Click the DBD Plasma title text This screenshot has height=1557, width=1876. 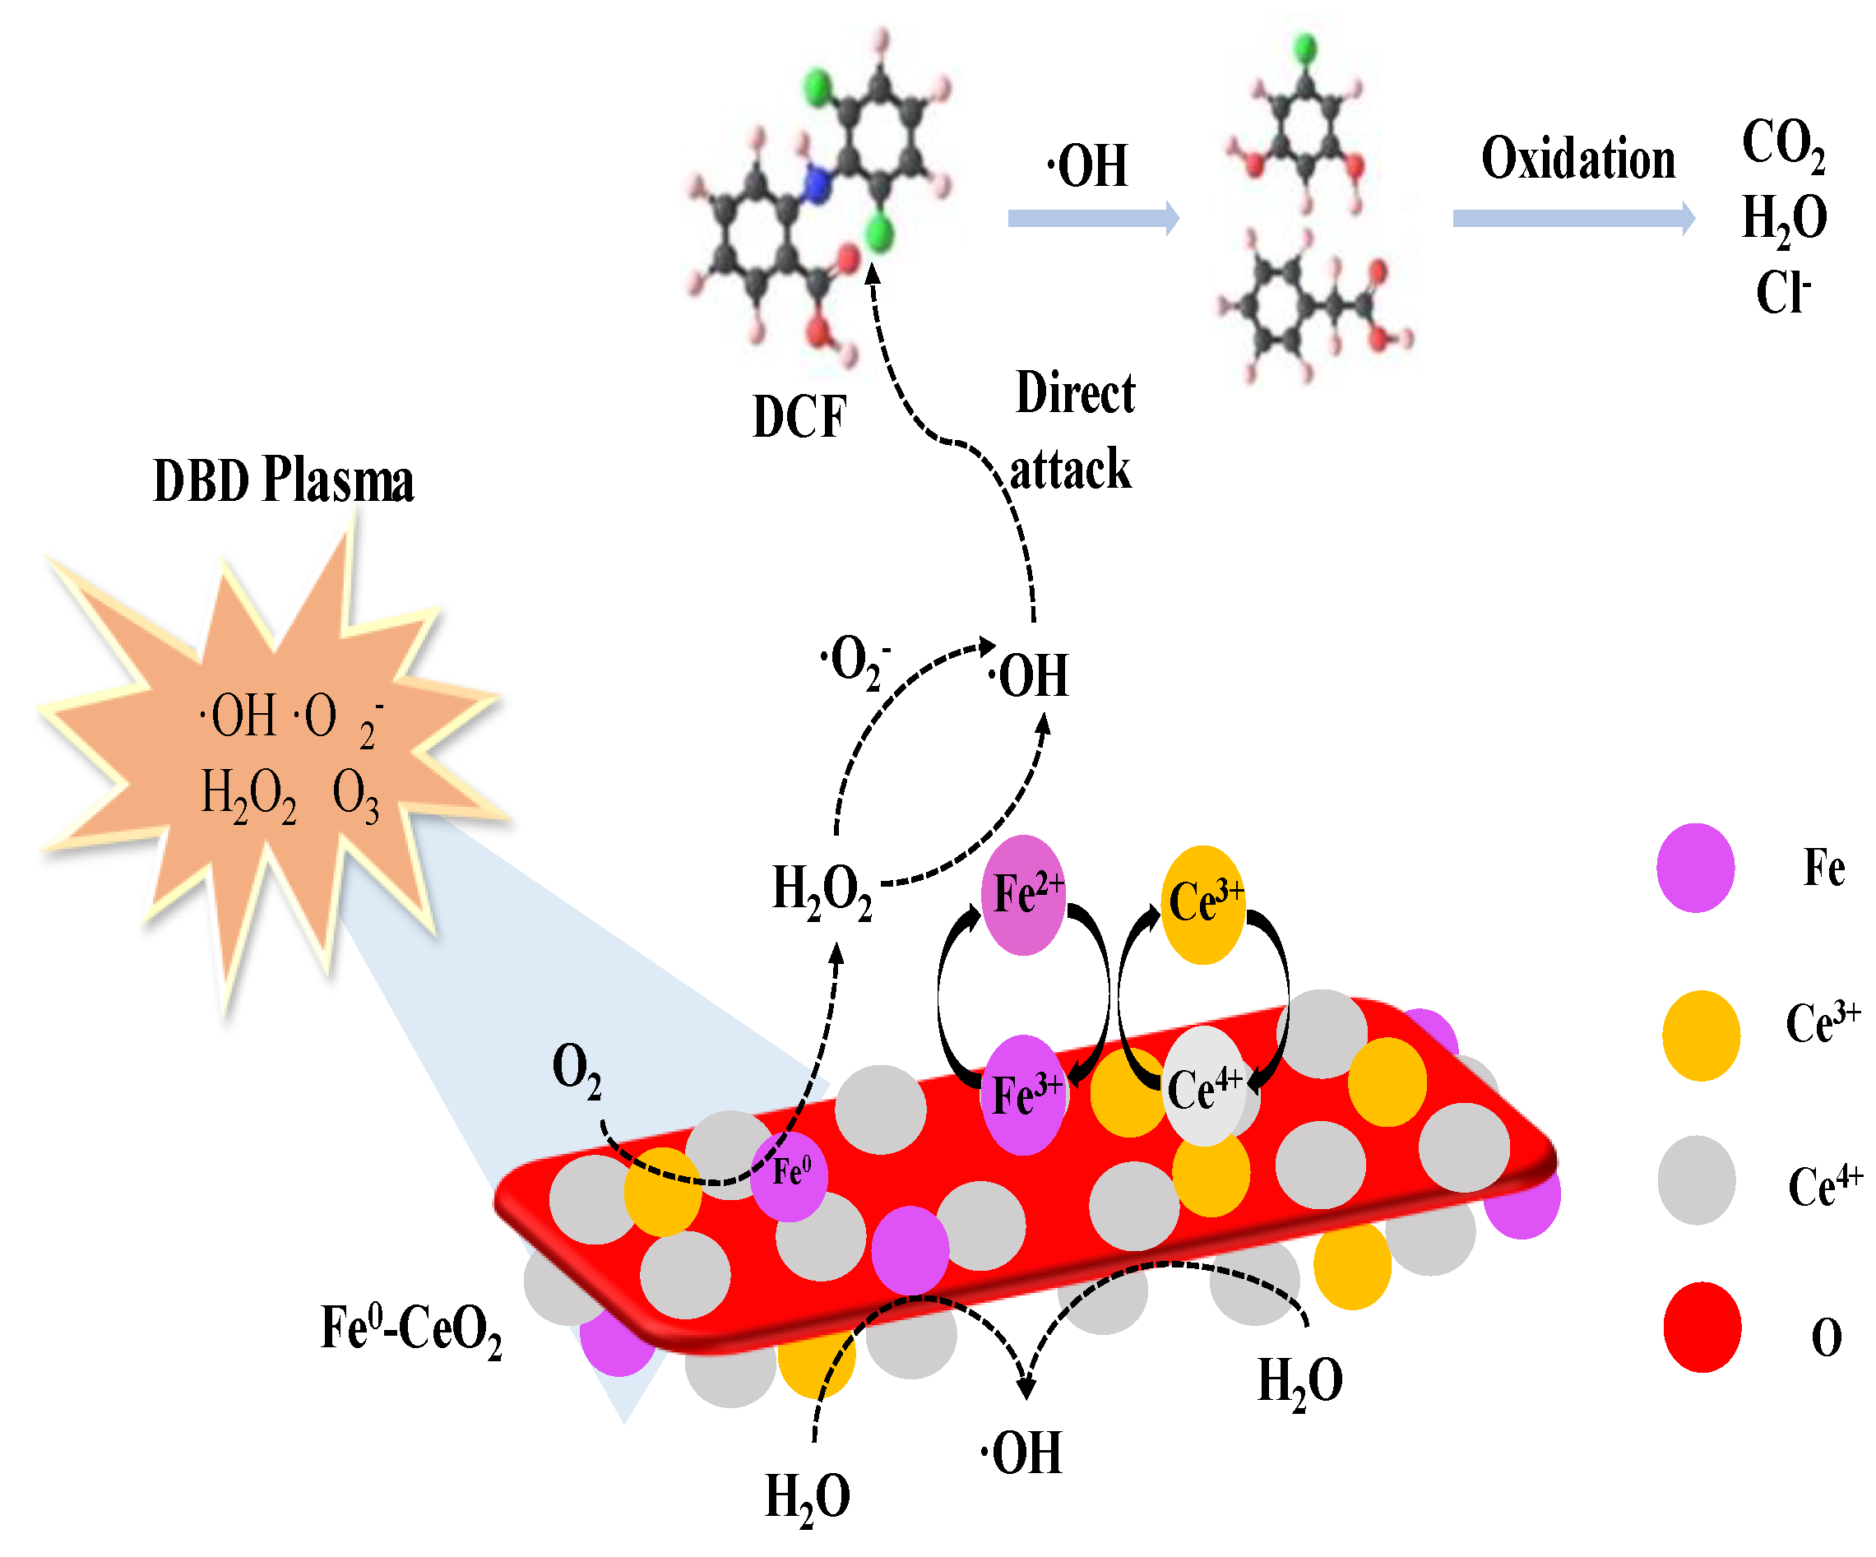pos(283,480)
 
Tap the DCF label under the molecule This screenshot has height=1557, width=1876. pos(799,416)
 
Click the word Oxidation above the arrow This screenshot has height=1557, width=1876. pos(1577,159)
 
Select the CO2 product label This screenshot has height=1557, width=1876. pos(1783,143)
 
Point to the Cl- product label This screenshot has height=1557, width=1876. pos(1783,293)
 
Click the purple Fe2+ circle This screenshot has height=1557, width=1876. pos(1024,894)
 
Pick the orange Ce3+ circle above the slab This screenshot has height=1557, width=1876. pos(1202,903)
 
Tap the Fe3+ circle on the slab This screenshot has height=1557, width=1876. pos(1024,1094)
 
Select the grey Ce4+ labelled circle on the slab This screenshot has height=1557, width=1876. pos(1203,1087)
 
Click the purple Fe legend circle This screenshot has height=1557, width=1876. pos(1695,868)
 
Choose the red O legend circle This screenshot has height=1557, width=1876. pos(1702,1328)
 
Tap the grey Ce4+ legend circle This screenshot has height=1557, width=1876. pos(1697,1179)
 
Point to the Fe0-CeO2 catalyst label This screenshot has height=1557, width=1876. pos(411,1329)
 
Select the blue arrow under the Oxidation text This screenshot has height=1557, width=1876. pos(1573,218)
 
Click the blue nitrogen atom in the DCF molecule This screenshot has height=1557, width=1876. pos(817,186)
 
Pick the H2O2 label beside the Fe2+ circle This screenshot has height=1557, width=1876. pos(821,891)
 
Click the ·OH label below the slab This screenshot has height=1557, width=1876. pos(1022,1453)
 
